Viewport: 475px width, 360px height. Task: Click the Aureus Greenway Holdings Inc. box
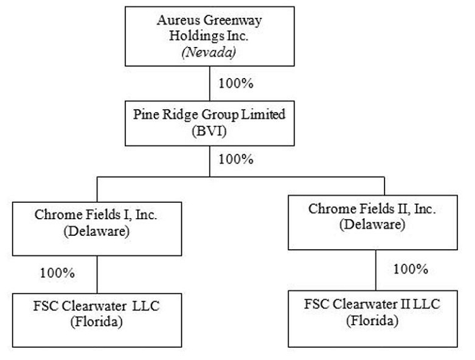pyautogui.click(x=209, y=35)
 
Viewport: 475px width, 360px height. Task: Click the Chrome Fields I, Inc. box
pyautogui.click(x=96, y=224)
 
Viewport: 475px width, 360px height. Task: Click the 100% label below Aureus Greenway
pyautogui.click(x=236, y=83)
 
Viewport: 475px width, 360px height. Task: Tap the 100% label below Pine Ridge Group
pyautogui.click(x=236, y=158)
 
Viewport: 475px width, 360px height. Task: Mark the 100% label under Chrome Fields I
pyautogui.click(x=58, y=273)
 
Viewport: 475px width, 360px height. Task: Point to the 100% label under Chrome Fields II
pyautogui.click(x=411, y=269)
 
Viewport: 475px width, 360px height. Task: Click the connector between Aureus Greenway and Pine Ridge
pyautogui.click(x=210, y=84)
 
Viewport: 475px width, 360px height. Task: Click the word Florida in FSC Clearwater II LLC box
pyautogui.click(x=372, y=322)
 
